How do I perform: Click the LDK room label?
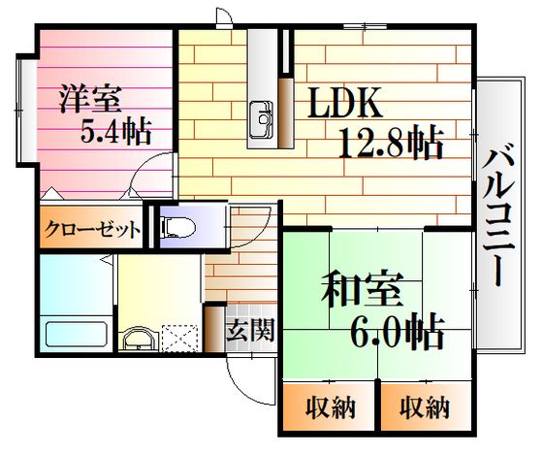[345, 102]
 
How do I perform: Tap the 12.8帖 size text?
[391, 144]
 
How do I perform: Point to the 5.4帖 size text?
[116, 131]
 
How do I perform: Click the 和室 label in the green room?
[362, 289]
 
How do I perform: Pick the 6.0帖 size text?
[398, 332]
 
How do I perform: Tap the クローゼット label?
[92, 229]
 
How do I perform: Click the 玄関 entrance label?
[251, 329]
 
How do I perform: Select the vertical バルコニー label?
[497, 217]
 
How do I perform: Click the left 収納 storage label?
[331, 407]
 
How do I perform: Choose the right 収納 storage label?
[425, 406]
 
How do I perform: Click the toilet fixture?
[178, 227]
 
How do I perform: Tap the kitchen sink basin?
[262, 119]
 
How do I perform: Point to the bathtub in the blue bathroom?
[77, 334]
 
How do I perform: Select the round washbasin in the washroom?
[139, 339]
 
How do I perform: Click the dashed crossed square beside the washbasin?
[179, 338]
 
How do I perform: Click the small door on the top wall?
[224, 17]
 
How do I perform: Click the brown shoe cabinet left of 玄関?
[214, 329]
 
